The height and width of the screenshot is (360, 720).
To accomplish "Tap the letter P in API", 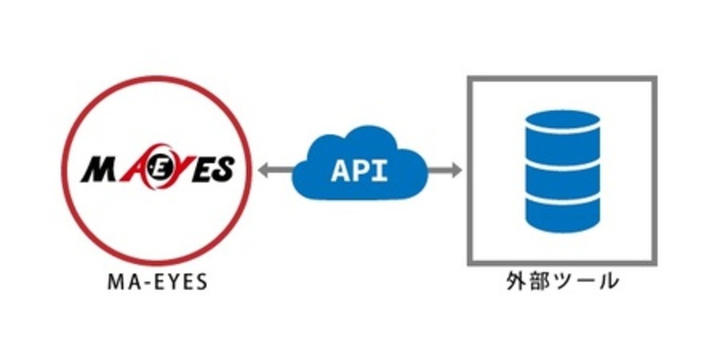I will pos(360,171).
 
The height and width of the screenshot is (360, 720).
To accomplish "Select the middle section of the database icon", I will pos(562,173).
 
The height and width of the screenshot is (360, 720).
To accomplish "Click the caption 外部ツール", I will pos(562,282).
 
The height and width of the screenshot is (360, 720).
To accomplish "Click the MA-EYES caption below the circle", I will pos(157,282).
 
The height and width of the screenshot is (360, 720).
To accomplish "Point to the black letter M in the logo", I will pos(98,171).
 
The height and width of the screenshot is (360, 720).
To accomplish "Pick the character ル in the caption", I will pos(606,282).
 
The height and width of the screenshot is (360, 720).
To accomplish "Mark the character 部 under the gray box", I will pos(539,282).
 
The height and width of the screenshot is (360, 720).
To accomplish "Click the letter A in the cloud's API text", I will pos(340,171).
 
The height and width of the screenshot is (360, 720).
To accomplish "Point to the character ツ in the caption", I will pos(562,282).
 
